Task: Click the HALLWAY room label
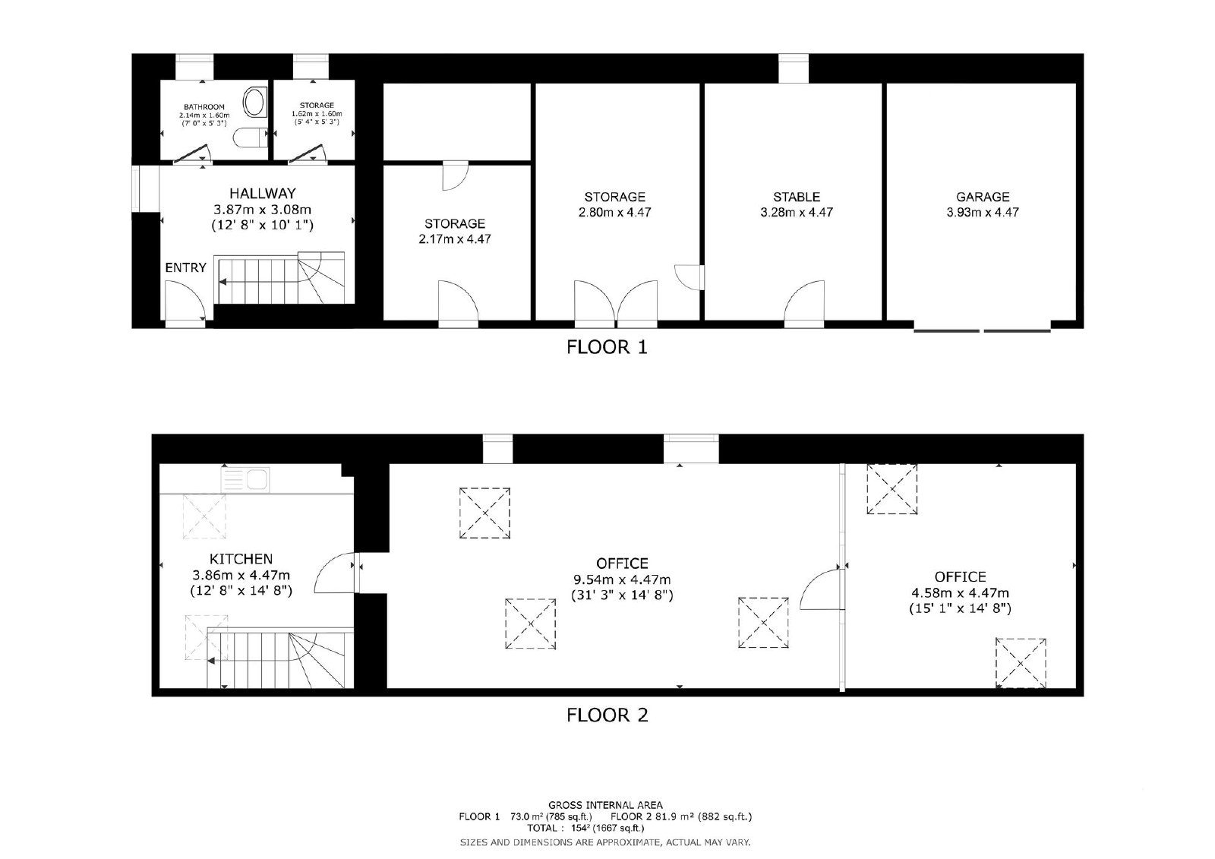tap(263, 193)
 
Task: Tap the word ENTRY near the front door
tap(185, 267)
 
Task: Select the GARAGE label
tap(983, 197)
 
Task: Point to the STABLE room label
tap(797, 197)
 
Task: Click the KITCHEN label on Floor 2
tap(241, 559)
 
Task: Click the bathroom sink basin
tap(254, 103)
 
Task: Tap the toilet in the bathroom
tap(251, 137)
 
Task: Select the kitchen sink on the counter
tap(245, 480)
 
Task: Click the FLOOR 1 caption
tap(607, 347)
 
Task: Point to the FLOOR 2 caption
tap(607, 715)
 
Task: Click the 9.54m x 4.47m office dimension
tap(622, 580)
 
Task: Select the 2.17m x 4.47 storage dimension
tap(455, 238)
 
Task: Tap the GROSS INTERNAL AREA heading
tap(605, 805)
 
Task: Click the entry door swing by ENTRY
tap(185, 302)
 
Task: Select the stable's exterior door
tap(804, 304)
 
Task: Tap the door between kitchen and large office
tap(336, 573)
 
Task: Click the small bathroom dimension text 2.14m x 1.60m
tap(204, 115)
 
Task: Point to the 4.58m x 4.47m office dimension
tap(960, 593)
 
